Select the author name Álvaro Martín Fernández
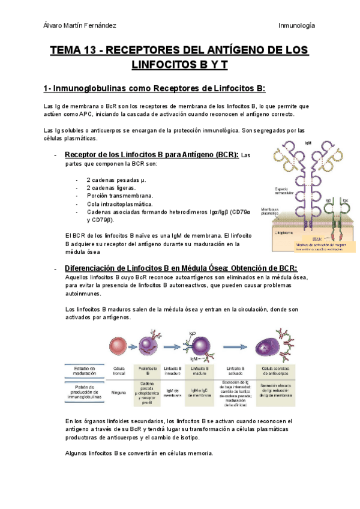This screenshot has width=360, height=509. pyautogui.click(x=80, y=25)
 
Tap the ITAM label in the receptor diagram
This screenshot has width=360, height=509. pyautogui.click(x=308, y=239)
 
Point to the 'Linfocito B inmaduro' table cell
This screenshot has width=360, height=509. pyautogui.click(x=172, y=370)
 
